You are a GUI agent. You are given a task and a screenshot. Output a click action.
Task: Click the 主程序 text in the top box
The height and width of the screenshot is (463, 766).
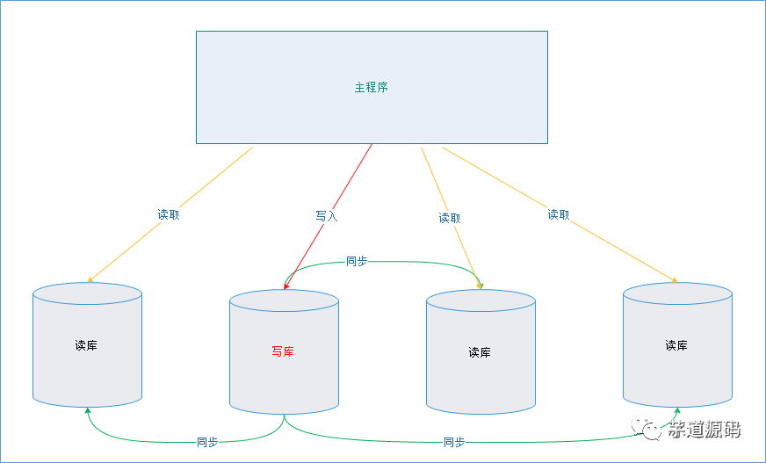point(371,88)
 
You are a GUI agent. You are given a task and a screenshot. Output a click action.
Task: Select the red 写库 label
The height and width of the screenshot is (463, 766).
point(283,351)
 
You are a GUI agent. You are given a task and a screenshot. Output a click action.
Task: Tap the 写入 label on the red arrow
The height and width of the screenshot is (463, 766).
point(326,215)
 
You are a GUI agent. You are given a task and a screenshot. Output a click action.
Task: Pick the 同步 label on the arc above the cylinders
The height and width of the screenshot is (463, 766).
point(357,261)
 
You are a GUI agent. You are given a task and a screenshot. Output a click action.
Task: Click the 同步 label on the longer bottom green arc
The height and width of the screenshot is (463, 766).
point(454,442)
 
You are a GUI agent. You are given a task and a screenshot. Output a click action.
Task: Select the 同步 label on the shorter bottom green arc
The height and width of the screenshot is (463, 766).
point(207,442)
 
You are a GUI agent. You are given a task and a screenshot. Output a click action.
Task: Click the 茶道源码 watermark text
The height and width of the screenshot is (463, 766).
point(703,430)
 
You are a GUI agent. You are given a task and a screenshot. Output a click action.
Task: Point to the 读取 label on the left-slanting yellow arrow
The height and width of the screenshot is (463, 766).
point(169,214)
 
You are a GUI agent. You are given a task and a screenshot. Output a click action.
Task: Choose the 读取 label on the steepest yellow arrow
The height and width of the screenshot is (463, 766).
point(450,218)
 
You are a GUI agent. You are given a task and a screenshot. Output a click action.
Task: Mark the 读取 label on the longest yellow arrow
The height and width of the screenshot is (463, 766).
point(559,214)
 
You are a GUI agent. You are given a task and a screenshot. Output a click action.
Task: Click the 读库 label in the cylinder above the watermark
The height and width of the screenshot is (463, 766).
point(676,345)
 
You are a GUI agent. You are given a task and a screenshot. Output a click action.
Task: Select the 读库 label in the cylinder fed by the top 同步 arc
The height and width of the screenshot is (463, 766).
point(480,352)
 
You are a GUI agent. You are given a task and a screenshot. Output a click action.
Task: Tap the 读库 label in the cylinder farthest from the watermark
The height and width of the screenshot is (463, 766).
point(86,345)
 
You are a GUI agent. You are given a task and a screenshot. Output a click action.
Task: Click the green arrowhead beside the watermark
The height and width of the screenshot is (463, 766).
point(676,411)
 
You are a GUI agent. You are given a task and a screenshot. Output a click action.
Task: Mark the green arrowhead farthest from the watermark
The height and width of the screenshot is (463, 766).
point(88,410)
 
